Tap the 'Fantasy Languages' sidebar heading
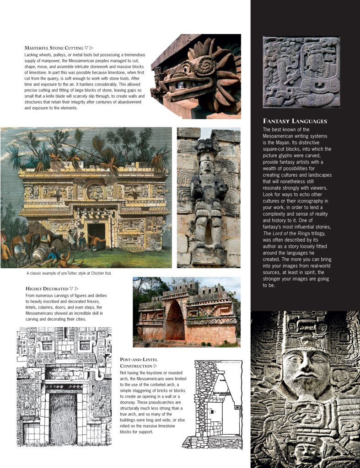(x=295, y=121)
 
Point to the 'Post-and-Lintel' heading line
(x=139, y=360)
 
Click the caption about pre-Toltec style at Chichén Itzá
(x=69, y=273)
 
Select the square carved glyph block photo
(x=301, y=72)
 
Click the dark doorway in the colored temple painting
(x=96, y=234)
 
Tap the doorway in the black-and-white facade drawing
(x=63, y=417)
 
